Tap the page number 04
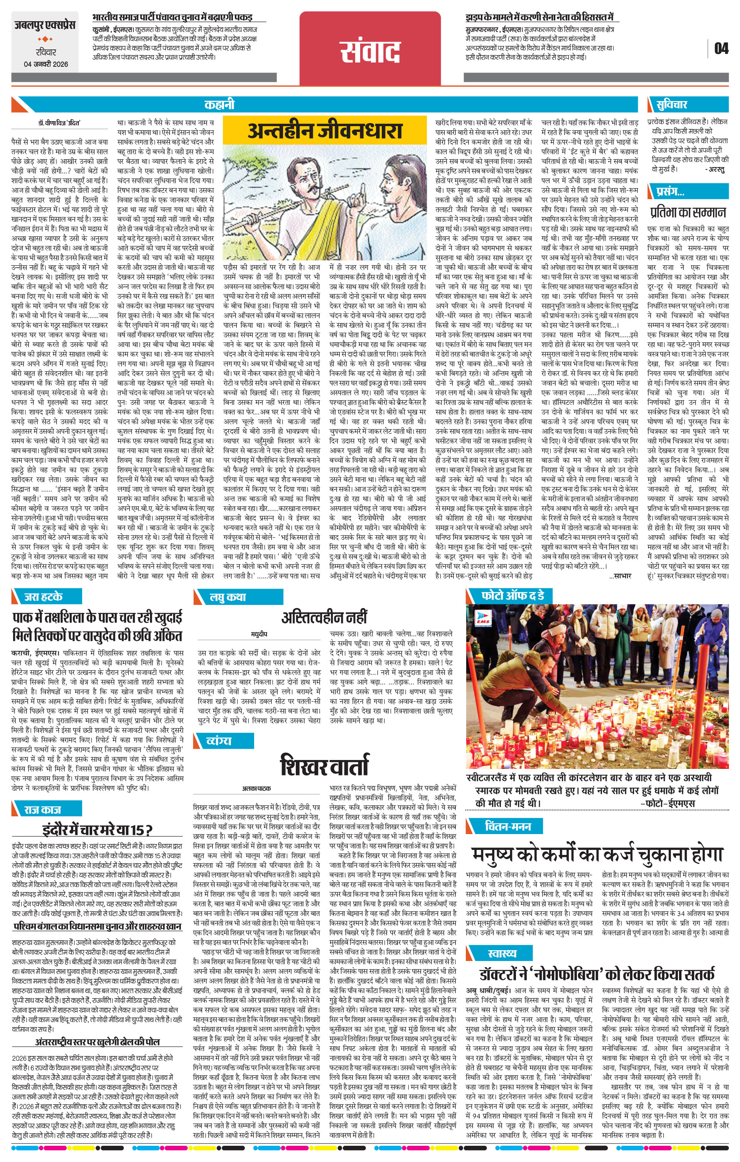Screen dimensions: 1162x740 (721, 48)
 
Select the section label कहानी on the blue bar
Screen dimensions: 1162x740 (219, 105)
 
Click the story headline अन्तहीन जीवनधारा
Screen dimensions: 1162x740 (325, 130)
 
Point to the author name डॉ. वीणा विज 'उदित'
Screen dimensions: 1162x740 (59, 123)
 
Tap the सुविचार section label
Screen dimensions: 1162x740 (672, 105)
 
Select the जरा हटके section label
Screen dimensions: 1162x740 (44, 596)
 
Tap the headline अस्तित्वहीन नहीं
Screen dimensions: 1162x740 (324, 617)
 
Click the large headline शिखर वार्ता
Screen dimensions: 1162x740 (324, 765)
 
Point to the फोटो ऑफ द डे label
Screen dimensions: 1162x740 (512, 596)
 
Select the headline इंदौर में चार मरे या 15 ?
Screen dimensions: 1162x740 (98, 830)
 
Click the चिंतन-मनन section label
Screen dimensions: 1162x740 (507, 827)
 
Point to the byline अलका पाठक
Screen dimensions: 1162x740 (256, 789)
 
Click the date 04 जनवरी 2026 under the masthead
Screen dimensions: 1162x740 (46, 64)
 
